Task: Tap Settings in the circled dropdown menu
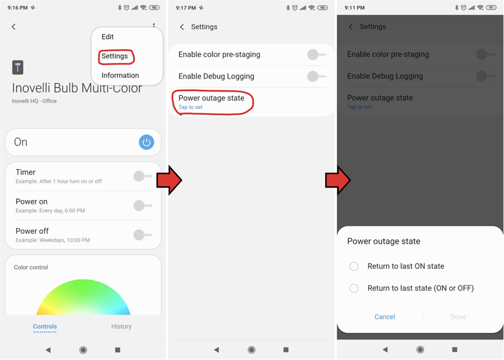[115, 56]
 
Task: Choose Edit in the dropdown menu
[107, 37]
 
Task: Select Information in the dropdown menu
[120, 75]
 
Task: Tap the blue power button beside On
[146, 142]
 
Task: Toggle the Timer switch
[142, 176]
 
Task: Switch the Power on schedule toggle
[142, 206]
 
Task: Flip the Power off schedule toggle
[142, 235]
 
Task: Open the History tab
[121, 326]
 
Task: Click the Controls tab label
[45, 326]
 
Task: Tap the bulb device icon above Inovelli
[18, 68]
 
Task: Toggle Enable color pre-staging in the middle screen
[316, 55]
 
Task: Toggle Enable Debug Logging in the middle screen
[316, 77]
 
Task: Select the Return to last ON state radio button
[354, 266]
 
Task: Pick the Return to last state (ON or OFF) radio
[354, 288]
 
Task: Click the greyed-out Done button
[458, 317]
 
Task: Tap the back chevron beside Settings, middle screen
[182, 27]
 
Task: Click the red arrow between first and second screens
[170, 180]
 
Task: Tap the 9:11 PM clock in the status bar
[354, 8]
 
